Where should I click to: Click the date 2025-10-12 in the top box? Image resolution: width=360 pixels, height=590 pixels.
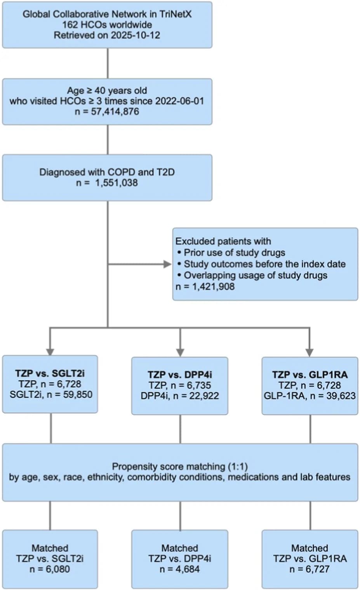click(135, 35)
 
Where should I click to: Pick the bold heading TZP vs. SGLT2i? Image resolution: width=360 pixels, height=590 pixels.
click(50, 373)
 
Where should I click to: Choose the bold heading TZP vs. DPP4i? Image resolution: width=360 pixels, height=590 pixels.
click(180, 375)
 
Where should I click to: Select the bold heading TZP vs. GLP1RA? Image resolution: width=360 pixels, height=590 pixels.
click(310, 375)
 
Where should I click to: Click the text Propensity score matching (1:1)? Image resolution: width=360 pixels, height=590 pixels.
click(180, 467)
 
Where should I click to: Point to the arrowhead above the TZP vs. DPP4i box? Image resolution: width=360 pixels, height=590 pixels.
click(180, 352)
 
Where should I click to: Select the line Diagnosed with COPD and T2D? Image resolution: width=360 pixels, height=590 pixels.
click(107, 172)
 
